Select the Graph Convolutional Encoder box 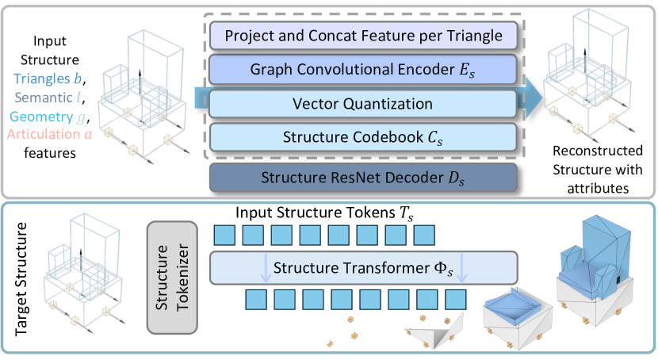363,69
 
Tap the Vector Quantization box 363,103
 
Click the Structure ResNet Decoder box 363,176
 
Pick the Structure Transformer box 362,267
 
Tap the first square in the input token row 226,236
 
